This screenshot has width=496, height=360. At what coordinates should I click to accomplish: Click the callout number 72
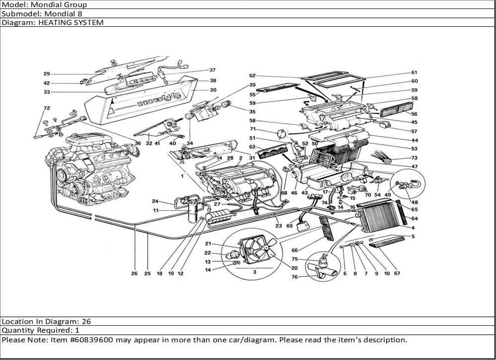point(47,108)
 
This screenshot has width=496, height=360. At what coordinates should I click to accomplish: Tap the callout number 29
point(47,74)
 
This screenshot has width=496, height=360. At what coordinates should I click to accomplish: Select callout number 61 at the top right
point(414,73)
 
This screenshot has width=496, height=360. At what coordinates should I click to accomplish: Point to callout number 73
point(414,158)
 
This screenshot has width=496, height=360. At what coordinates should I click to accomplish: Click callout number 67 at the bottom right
point(397,273)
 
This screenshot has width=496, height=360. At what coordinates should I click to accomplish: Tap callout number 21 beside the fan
point(208,243)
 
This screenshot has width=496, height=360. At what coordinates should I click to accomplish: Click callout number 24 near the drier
point(155,201)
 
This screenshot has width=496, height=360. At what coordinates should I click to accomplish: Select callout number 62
point(252,76)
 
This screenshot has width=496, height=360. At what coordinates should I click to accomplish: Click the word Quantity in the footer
point(18,330)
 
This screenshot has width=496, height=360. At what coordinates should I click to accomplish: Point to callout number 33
point(47,92)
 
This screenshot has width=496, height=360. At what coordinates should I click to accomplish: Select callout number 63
point(252,147)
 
